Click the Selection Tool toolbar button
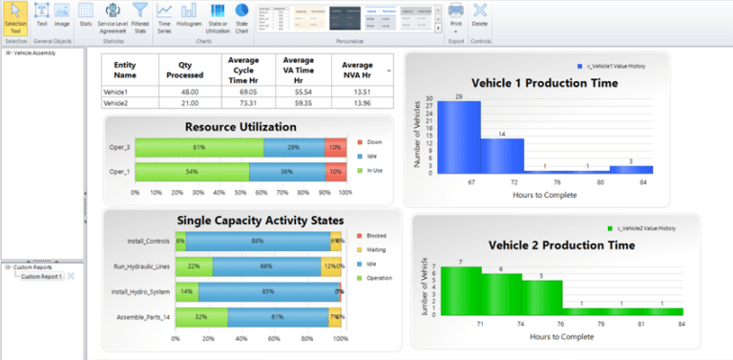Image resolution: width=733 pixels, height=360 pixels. (x=15, y=20)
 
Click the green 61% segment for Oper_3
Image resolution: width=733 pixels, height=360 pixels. (x=199, y=147)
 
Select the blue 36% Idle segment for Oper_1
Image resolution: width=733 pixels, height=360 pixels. (x=286, y=171)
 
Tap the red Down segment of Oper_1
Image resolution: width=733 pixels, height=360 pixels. (x=334, y=171)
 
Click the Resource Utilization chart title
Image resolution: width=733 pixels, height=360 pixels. (x=241, y=126)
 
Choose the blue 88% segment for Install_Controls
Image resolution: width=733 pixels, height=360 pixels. (x=258, y=242)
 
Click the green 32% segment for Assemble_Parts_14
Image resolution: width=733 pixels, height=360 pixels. (x=201, y=316)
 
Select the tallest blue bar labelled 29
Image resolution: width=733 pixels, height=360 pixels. (x=459, y=137)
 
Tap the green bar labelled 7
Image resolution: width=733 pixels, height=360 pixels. (x=460, y=290)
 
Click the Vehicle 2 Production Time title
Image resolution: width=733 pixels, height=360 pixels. (x=561, y=245)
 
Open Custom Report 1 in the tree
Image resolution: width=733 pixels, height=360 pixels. (x=42, y=276)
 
